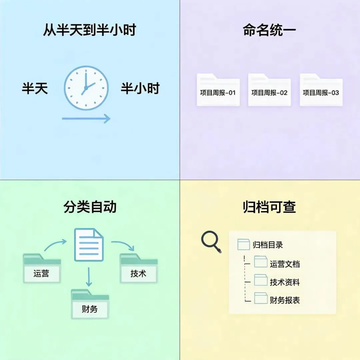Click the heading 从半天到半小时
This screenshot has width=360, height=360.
click(x=90, y=30)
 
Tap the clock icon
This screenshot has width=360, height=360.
click(x=86, y=88)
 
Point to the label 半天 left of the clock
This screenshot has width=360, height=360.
click(x=35, y=88)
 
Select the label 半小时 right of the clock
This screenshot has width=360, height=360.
click(x=140, y=88)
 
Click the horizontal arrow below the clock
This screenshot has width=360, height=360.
click(x=86, y=118)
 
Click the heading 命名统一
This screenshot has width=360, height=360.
click(x=269, y=30)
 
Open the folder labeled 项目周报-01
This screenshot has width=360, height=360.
click(x=218, y=90)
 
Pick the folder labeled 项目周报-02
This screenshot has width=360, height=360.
click(x=270, y=90)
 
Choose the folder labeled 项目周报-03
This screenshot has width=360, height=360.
click(x=321, y=90)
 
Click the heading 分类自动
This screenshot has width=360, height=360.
click(x=90, y=207)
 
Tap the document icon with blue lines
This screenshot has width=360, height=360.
click(x=89, y=245)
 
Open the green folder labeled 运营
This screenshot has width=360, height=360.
click(x=42, y=268)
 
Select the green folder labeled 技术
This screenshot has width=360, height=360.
click(x=139, y=268)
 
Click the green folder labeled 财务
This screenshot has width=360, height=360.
click(x=90, y=304)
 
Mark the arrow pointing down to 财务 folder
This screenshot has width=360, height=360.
click(x=89, y=277)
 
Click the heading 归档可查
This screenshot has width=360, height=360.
click(x=269, y=207)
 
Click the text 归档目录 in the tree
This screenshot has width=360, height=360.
click(x=268, y=245)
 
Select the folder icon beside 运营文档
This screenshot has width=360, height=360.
click(x=261, y=262)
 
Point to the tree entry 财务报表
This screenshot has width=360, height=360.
click(x=285, y=300)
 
